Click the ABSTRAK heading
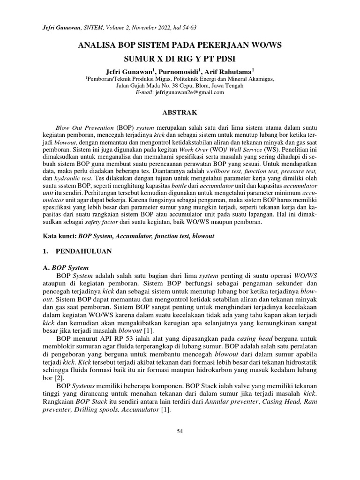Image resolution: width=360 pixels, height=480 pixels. click(180, 113)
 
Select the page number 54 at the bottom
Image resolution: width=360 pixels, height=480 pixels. click(180, 431)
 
